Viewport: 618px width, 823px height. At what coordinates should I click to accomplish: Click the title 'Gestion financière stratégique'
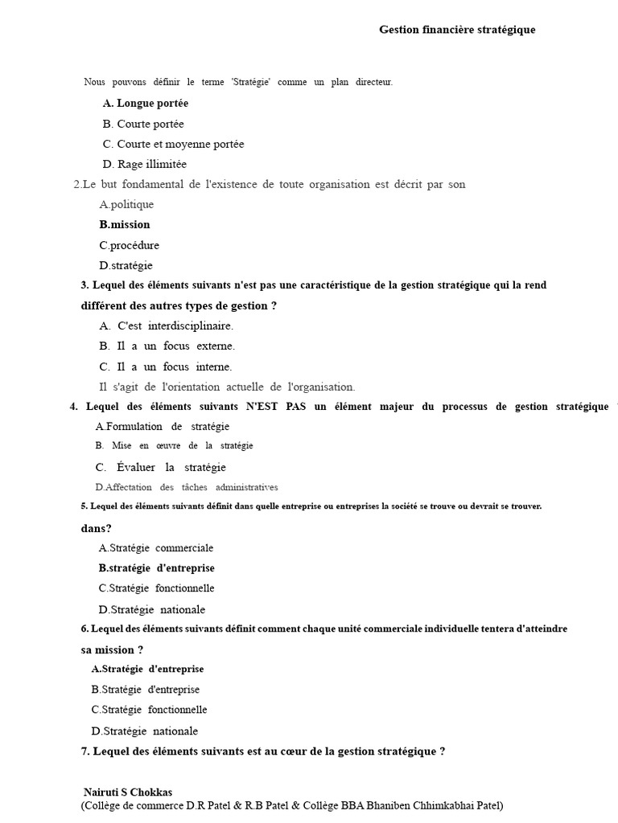click(457, 30)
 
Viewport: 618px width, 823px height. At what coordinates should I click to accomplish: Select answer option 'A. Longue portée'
click(146, 104)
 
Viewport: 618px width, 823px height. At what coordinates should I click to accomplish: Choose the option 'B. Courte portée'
click(143, 124)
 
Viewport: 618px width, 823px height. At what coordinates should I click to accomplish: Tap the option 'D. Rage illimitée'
click(145, 164)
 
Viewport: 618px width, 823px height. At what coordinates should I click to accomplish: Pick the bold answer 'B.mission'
click(125, 225)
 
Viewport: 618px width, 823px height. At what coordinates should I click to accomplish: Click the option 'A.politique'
click(126, 205)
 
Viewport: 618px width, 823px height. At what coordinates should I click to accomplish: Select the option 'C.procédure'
click(130, 245)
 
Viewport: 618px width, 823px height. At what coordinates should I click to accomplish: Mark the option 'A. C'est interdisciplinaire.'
click(166, 326)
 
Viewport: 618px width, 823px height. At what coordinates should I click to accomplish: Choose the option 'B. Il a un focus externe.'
click(167, 346)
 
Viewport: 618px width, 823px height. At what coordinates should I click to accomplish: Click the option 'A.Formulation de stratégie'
click(163, 427)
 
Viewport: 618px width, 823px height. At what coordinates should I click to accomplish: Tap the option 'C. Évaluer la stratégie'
click(160, 468)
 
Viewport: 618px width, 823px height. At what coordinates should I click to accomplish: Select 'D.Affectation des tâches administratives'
click(187, 487)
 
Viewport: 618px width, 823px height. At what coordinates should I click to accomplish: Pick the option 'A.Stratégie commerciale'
click(156, 548)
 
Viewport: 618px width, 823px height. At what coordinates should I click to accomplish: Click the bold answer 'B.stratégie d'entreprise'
click(157, 568)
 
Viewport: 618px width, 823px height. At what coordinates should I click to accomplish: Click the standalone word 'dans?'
click(97, 528)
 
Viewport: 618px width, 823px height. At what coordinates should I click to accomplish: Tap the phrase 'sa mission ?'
click(107, 649)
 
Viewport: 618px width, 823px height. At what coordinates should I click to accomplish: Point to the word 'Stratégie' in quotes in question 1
click(251, 83)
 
